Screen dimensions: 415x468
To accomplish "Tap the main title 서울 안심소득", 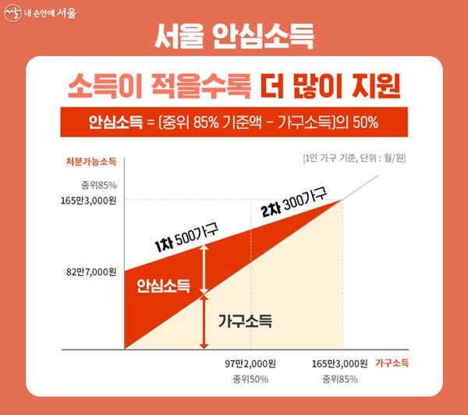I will [x=233, y=36].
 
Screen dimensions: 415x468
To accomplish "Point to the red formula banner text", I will [x=233, y=122].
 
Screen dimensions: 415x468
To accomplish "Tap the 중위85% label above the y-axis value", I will [x=98, y=185].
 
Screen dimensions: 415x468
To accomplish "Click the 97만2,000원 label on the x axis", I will [x=250, y=364].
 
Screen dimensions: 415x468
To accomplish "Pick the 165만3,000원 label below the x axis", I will [x=339, y=364].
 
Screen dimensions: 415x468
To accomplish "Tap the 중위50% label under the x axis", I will [x=250, y=380].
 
